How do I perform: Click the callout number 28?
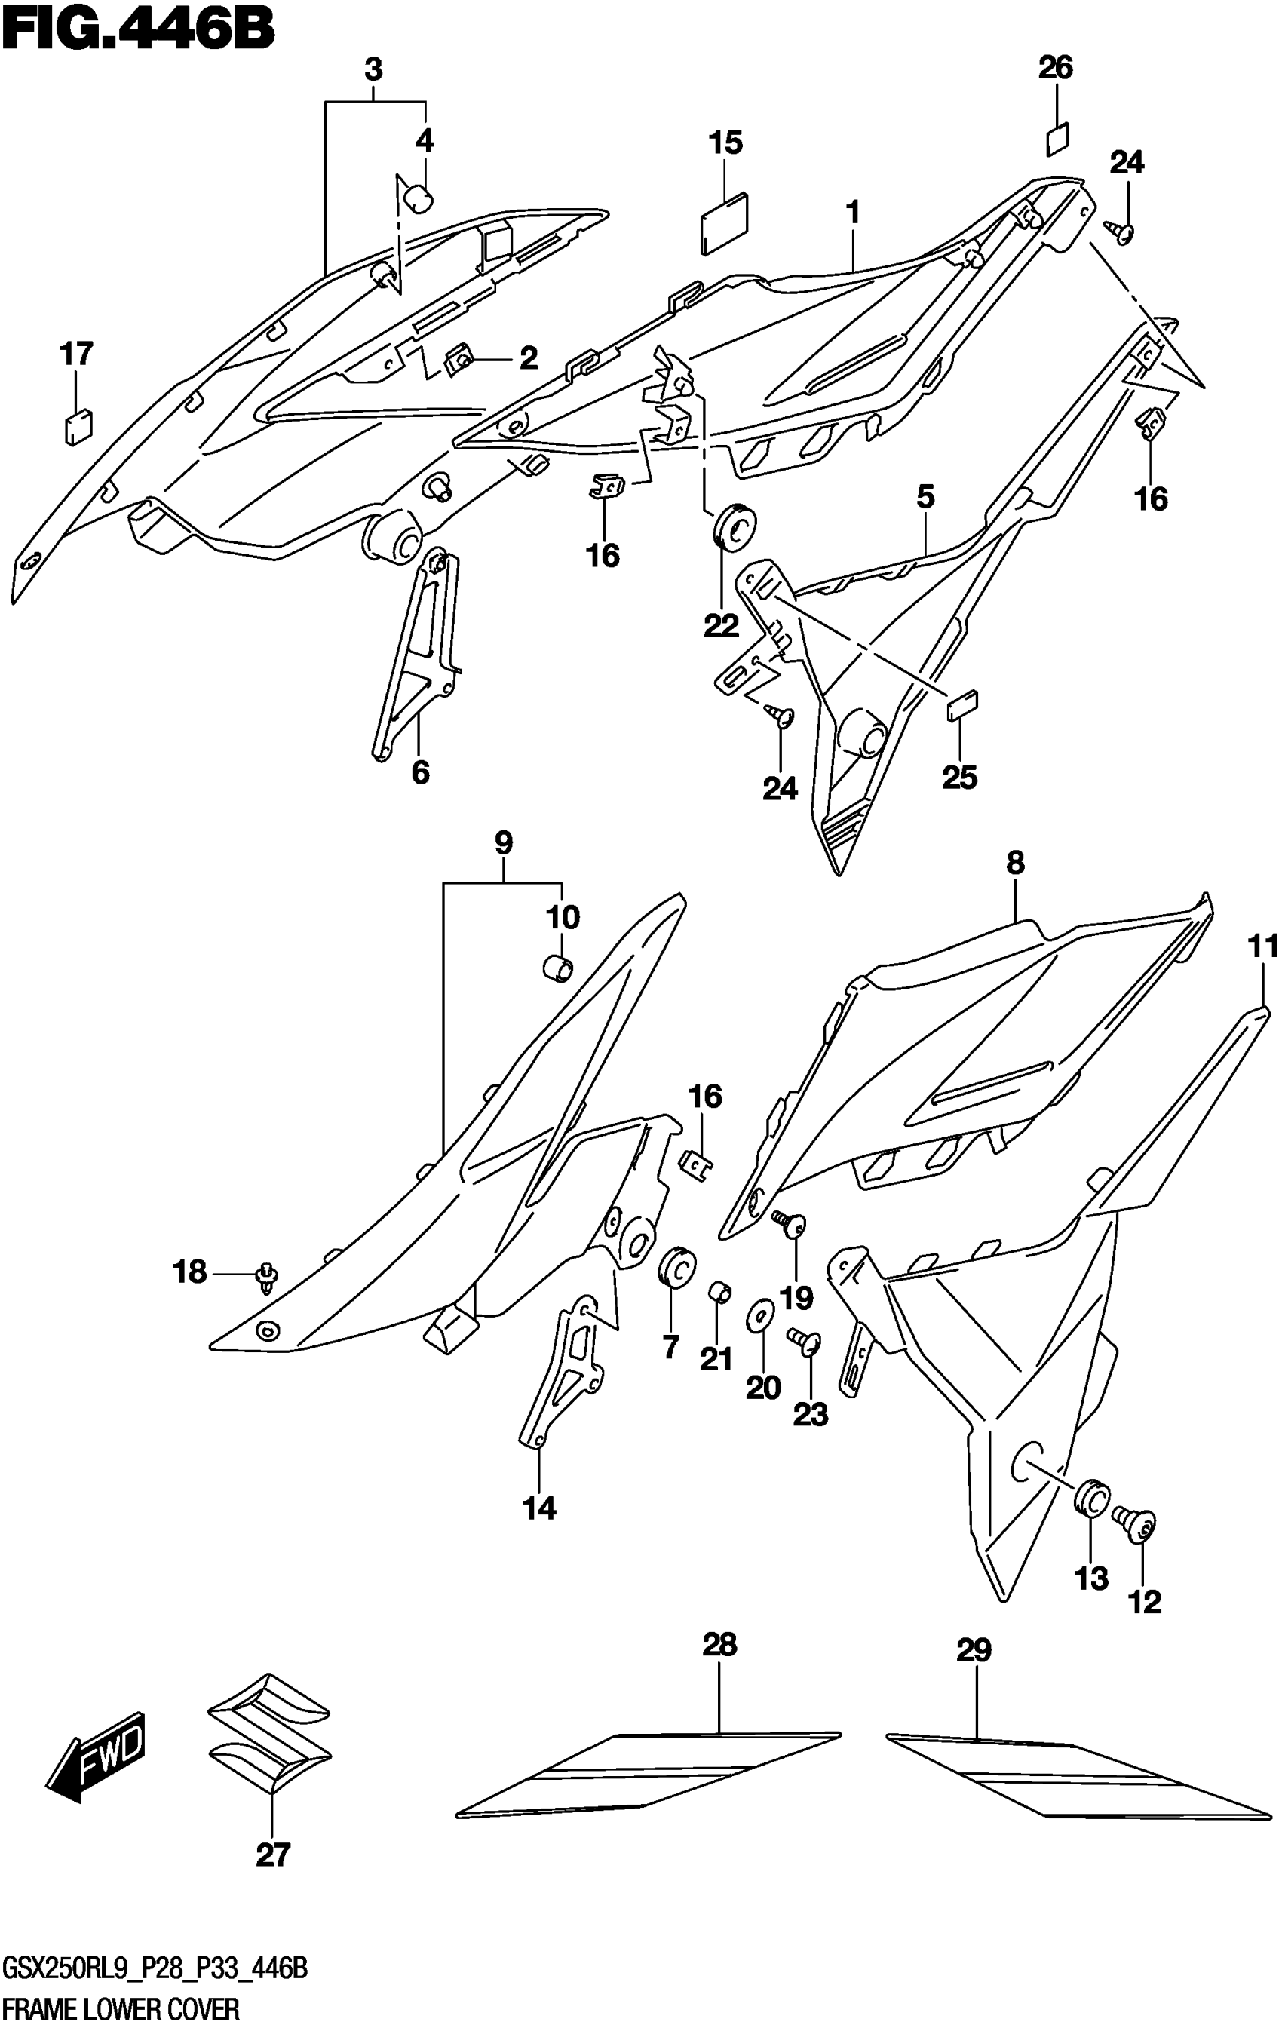[719, 1645]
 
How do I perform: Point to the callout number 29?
[973, 1649]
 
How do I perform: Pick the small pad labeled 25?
[963, 704]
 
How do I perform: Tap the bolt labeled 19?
[790, 1222]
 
